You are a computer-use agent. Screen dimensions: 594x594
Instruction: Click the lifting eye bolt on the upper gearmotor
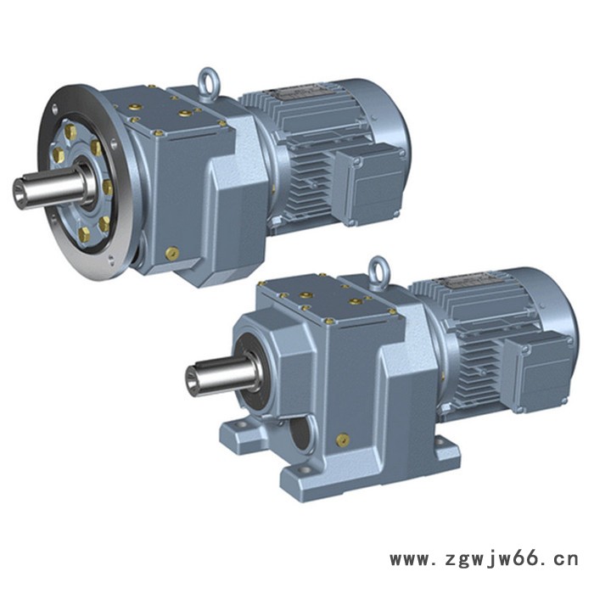click(209, 84)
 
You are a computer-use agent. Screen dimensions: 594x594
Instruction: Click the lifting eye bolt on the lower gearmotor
click(378, 271)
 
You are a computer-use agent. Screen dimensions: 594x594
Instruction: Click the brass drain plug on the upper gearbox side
click(171, 253)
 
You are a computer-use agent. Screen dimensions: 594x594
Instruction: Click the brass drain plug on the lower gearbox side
click(343, 440)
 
